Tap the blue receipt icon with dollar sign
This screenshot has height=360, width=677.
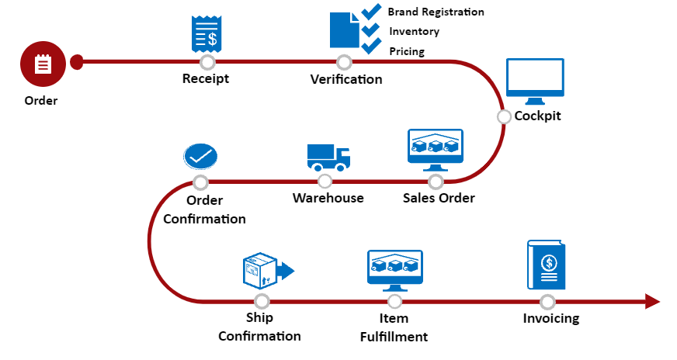tap(206, 34)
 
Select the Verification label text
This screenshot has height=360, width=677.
tap(346, 79)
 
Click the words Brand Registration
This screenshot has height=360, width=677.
tap(436, 12)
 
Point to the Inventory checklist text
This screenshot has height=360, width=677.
tap(414, 32)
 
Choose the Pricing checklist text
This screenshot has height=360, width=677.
tap(407, 51)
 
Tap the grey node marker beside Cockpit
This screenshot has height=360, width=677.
tap(504, 116)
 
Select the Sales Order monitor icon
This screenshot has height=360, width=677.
tap(436, 150)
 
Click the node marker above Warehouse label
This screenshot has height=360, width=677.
tap(325, 182)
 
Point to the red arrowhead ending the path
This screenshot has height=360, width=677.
tap(652, 302)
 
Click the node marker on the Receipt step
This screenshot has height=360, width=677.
tap(207, 62)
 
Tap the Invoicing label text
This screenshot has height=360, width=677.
tap(550, 318)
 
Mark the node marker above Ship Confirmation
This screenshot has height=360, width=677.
tap(262, 301)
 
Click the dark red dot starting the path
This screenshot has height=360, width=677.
tap(76, 62)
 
